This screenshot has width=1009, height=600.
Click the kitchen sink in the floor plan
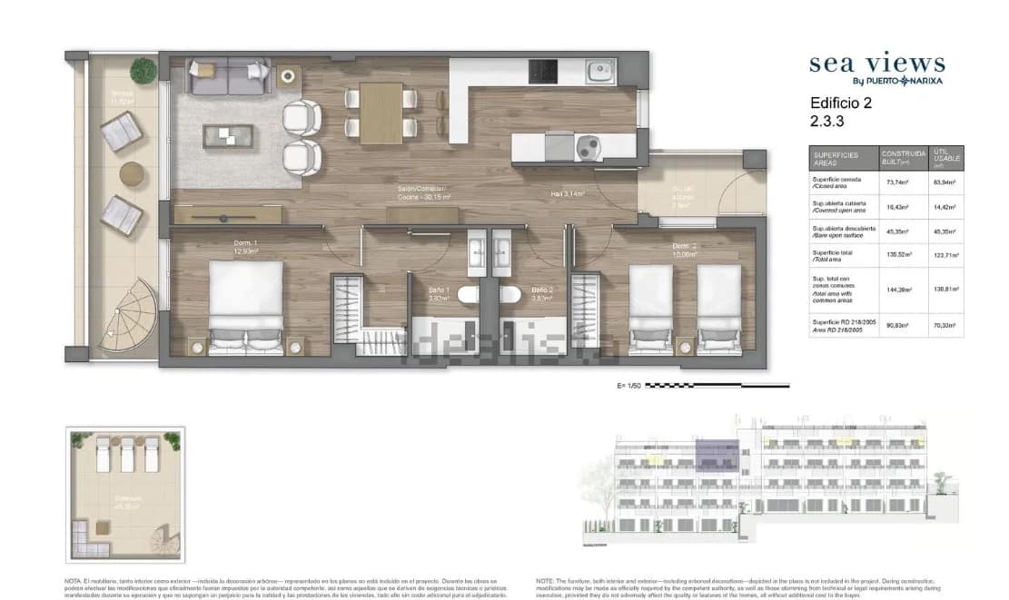[600, 71]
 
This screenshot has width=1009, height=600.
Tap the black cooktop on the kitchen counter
[544, 71]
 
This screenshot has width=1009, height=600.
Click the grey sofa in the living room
[227, 76]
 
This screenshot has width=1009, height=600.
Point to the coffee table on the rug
[227, 136]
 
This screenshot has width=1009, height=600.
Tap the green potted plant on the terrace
[143, 70]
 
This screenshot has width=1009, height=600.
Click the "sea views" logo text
[876, 64]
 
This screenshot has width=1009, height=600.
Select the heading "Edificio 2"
[840, 103]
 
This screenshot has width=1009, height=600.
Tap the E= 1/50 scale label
[628, 386]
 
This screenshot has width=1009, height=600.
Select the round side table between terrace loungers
[134, 173]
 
